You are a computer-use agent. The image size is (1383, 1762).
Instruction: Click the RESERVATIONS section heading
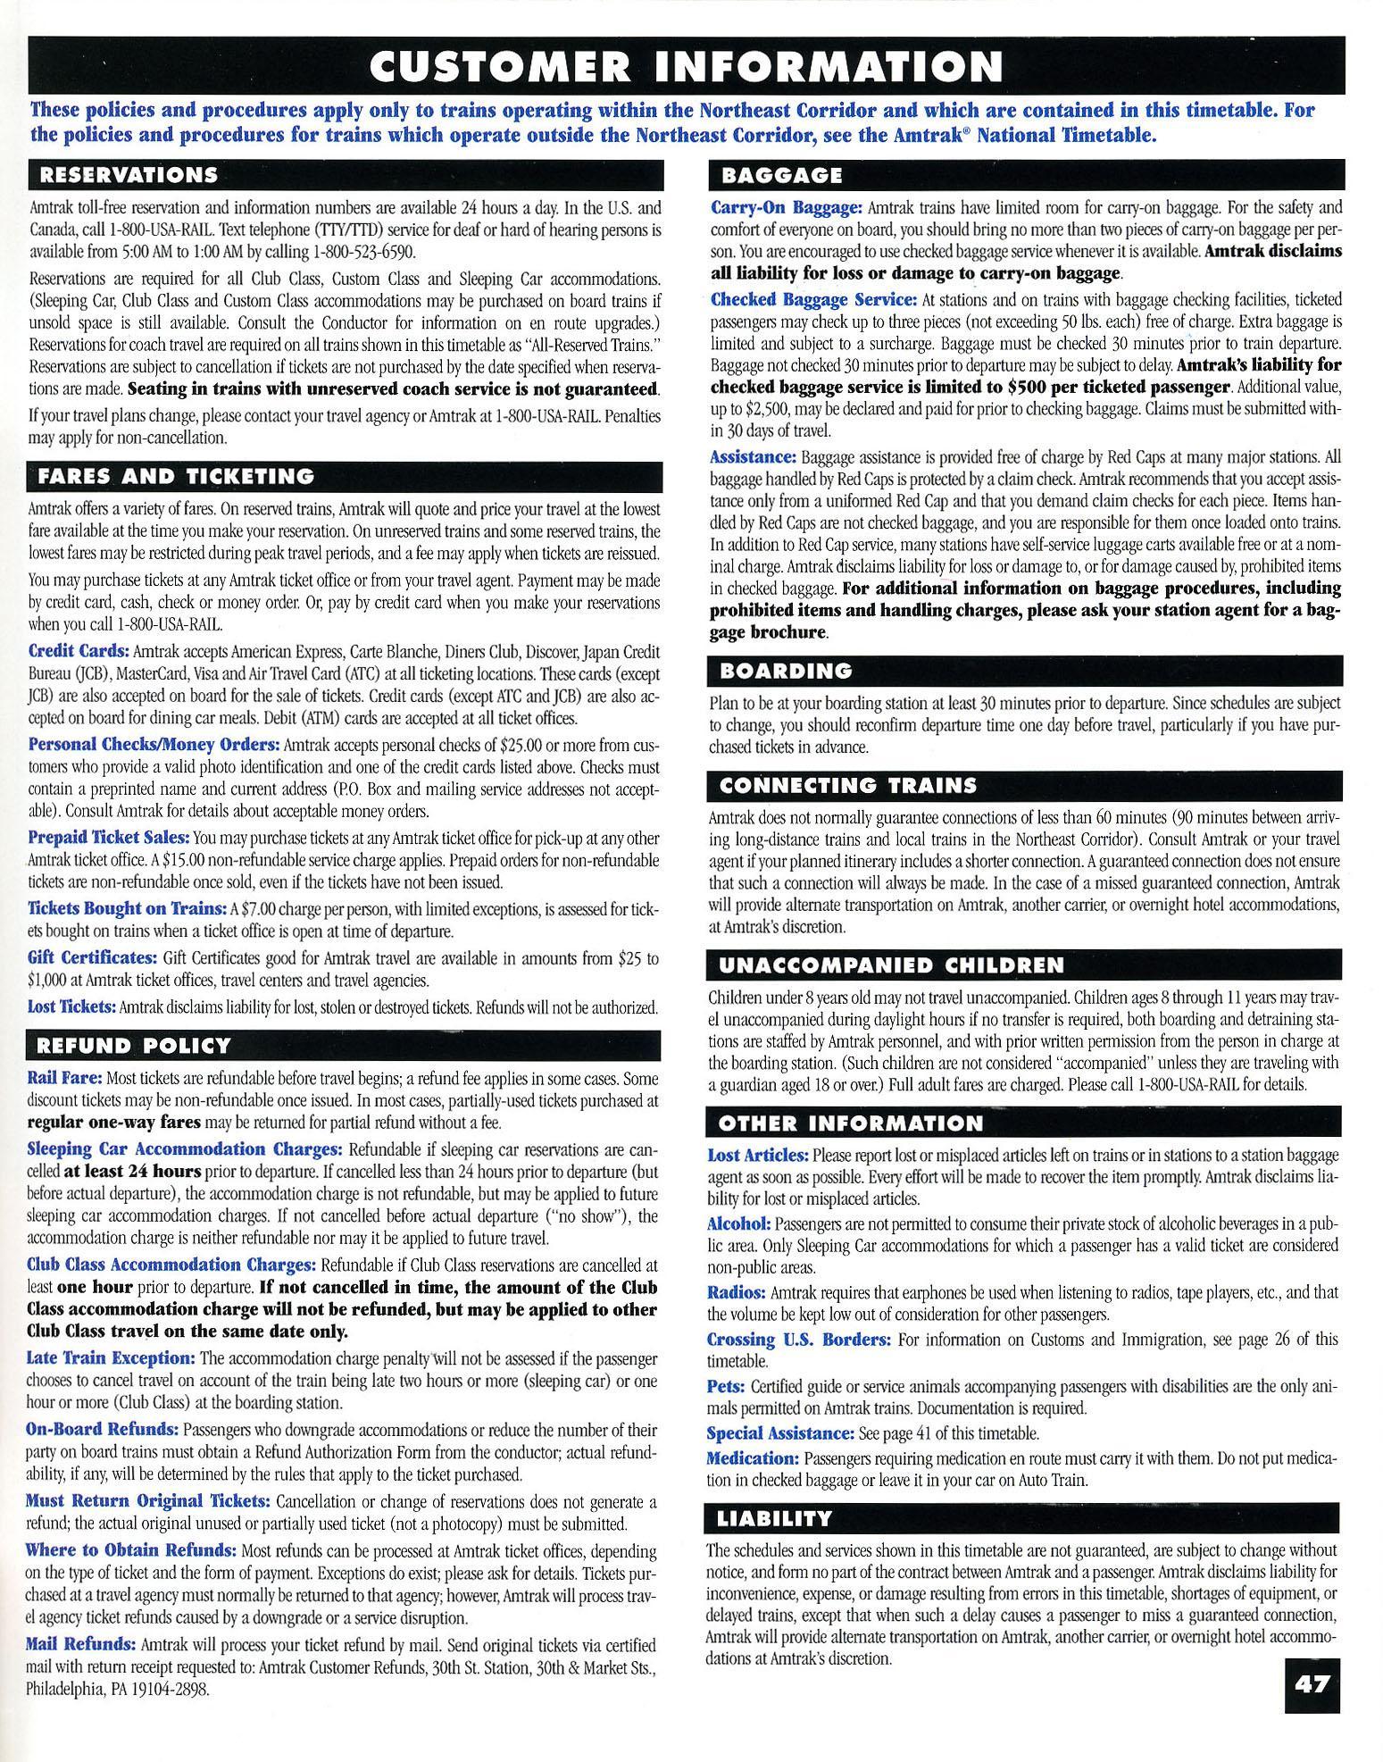click(124, 174)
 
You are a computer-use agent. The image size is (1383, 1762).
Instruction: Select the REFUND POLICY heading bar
click(133, 1045)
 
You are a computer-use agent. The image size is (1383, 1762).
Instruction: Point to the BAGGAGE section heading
click(781, 174)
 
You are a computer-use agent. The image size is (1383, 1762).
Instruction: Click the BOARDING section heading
click(787, 670)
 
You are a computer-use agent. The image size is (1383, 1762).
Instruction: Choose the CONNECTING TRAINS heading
click(848, 786)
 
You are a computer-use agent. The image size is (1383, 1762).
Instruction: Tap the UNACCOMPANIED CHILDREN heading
click(891, 965)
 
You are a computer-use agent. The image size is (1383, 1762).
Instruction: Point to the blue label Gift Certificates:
click(92, 958)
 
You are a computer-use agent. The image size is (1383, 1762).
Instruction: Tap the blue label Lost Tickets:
click(72, 1006)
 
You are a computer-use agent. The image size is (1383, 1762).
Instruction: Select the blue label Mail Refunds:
click(81, 1644)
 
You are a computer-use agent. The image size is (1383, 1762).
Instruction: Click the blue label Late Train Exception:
click(111, 1358)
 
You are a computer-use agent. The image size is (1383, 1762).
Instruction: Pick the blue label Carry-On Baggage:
click(786, 207)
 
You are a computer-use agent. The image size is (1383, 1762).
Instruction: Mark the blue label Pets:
click(726, 1387)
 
